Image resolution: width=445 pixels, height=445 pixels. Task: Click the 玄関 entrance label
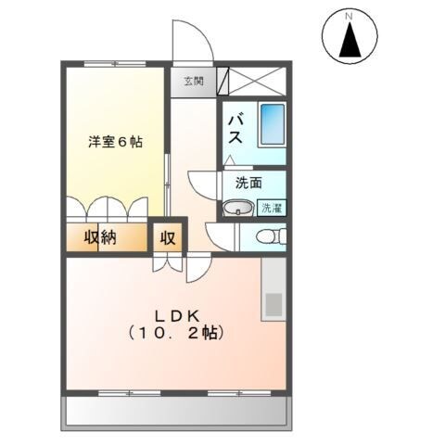(x=192, y=81)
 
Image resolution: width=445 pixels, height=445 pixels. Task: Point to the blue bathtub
(x=272, y=124)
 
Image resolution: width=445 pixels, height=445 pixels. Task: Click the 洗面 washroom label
(x=248, y=184)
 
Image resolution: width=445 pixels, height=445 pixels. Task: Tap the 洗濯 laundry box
(x=272, y=208)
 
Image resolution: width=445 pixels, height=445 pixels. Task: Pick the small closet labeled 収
(x=168, y=236)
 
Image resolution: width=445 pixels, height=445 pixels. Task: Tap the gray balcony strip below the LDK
(x=176, y=409)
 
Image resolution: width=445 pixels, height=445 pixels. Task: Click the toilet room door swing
(x=221, y=237)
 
